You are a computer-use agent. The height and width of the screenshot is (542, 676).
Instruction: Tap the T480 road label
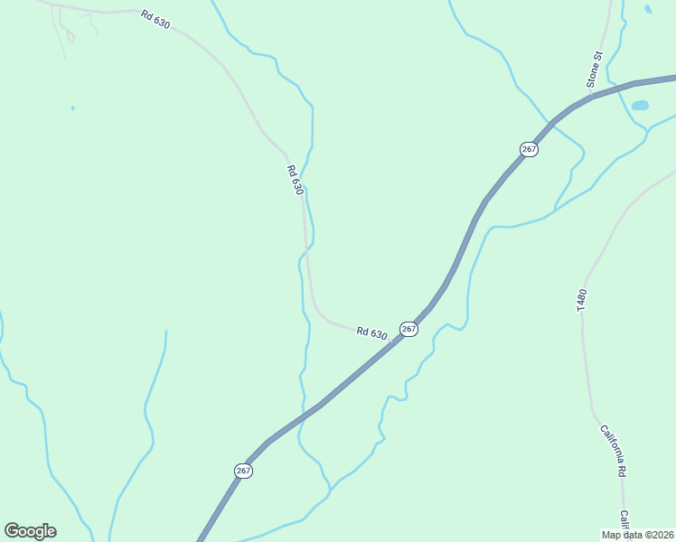pyautogui.click(x=582, y=301)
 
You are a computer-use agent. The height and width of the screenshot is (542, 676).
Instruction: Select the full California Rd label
pyautogui.click(x=614, y=451)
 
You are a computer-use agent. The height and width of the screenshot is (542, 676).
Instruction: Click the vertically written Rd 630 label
pyautogui.click(x=295, y=179)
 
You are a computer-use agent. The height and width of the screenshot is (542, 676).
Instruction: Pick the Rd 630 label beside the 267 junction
pyautogui.click(x=371, y=333)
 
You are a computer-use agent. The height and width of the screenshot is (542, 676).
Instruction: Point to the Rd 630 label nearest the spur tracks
pyautogui.click(x=155, y=19)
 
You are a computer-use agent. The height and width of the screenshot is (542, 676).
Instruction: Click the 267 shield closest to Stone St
pyautogui.click(x=530, y=149)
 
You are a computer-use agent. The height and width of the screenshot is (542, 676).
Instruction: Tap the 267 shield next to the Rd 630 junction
pyautogui.click(x=408, y=329)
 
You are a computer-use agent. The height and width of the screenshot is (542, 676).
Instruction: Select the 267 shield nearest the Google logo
pyautogui.click(x=243, y=471)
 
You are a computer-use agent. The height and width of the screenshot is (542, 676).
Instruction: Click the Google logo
pyautogui.click(x=30, y=531)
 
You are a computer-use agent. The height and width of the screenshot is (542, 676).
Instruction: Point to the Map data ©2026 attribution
pyautogui.click(x=637, y=535)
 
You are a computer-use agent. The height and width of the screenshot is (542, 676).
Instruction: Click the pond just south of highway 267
pyautogui.click(x=640, y=106)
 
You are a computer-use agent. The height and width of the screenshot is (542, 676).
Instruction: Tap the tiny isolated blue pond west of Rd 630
pyautogui.click(x=72, y=108)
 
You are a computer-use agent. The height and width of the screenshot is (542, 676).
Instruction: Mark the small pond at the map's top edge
pyautogui.click(x=648, y=9)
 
